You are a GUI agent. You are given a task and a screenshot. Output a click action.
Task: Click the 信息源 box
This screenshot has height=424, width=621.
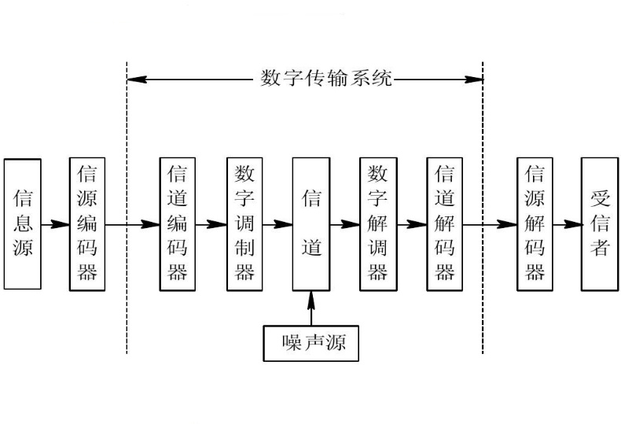point(23,224)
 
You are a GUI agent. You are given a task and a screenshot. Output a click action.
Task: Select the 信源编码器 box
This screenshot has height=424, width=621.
point(87,224)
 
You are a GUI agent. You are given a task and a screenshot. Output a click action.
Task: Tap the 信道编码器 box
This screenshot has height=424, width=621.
point(178,224)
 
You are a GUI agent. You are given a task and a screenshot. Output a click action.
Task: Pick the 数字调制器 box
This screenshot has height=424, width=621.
point(244,224)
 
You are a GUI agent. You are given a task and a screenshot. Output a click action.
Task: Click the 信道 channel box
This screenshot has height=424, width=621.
point(311,224)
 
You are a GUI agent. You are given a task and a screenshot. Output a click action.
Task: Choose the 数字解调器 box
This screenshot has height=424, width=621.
point(378,224)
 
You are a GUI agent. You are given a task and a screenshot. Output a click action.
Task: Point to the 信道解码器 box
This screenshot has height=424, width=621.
point(445,224)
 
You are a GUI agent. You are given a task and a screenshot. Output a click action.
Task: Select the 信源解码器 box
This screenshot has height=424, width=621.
point(535,224)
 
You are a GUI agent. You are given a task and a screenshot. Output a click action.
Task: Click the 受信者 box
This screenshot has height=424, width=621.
point(600,224)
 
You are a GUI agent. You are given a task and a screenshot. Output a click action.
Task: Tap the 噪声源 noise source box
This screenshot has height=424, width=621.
point(311,343)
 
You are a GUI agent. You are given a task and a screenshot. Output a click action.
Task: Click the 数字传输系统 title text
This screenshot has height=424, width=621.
point(326,78)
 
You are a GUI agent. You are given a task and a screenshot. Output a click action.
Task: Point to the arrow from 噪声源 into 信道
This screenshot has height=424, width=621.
point(311,308)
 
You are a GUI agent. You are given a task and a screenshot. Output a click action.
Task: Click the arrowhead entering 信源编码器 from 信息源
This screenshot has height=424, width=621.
point(61,225)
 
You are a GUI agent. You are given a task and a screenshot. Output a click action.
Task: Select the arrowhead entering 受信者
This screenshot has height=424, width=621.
point(572,225)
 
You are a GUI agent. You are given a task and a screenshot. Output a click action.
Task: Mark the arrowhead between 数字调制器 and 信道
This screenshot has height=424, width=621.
point(283,225)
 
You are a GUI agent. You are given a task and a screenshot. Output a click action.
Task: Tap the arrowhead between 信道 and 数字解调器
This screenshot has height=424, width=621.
point(351,225)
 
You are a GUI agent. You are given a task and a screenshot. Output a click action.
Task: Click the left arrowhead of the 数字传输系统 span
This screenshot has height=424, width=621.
point(137,79)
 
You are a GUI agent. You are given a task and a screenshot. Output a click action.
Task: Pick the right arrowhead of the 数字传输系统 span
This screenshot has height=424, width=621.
point(473,79)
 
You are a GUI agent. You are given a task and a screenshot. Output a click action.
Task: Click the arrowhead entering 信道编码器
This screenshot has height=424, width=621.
point(150,225)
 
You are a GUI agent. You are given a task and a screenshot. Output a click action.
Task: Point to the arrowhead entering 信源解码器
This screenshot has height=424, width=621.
point(508,225)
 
